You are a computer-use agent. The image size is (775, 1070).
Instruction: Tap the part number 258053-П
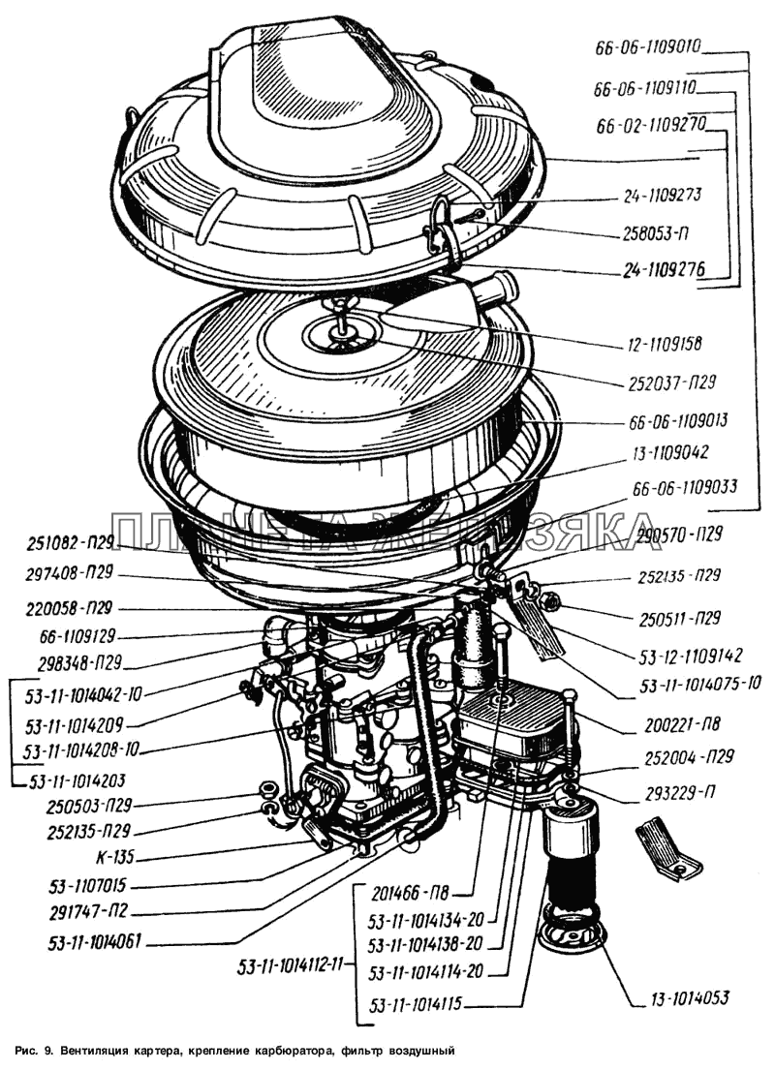(x=658, y=234)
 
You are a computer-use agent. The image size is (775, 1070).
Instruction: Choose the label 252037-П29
(x=664, y=382)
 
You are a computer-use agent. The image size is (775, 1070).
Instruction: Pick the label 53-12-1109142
(x=689, y=655)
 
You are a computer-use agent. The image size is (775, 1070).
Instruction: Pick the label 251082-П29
(x=70, y=540)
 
